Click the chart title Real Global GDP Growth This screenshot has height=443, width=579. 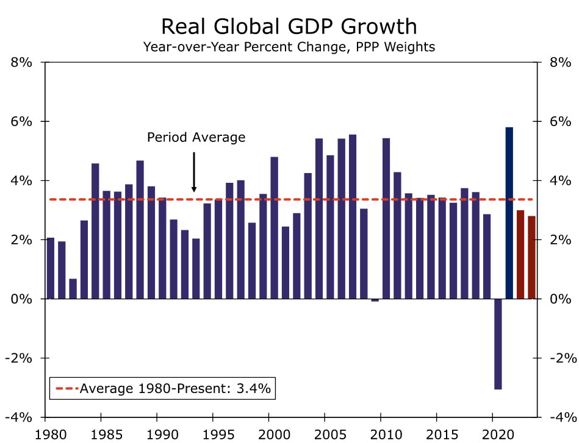click(289, 27)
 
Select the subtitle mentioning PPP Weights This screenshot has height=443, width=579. click(289, 46)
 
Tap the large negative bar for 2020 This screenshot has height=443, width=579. click(498, 344)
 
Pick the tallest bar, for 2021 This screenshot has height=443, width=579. click(509, 213)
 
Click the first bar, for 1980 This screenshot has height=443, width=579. click(51, 268)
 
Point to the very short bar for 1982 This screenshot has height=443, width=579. click(73, 289)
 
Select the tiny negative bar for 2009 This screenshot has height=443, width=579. click(375, 300)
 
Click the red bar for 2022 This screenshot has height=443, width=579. click(520, 254)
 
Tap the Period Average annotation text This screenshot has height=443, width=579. click(196, 137)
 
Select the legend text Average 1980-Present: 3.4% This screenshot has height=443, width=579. click(175, 388)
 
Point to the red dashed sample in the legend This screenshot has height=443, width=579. click(66, 388)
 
